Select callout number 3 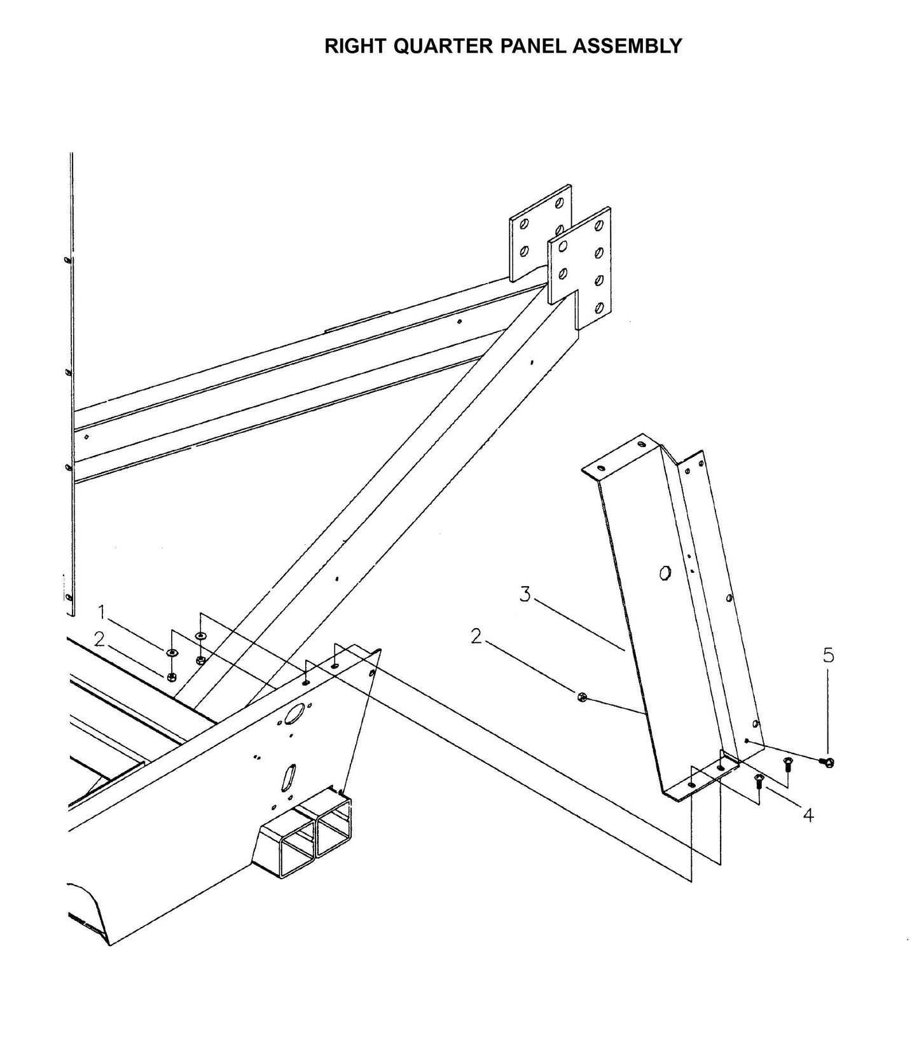click(525, 595)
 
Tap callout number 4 click(808, 814)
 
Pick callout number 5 click(828, 655)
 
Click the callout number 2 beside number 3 click(476, 636)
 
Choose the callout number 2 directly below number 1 click(99, 640)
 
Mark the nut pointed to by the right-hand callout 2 click(582, 697)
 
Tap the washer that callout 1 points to click(171, 652)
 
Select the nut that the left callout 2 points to click(171, 676)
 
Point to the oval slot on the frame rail click(288, 776)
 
